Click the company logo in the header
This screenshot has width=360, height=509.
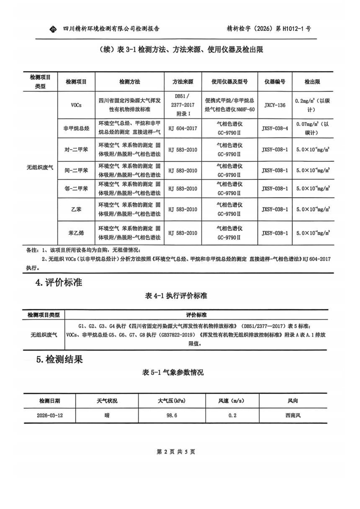pos(53,29)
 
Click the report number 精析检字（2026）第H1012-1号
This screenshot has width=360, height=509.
pos(268,29)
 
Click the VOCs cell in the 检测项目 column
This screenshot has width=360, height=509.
pos(76,105)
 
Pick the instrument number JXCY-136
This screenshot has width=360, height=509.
pos(275,105)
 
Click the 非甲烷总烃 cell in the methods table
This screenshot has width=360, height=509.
pos(76,128)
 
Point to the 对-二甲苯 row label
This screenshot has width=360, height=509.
pos(76,149)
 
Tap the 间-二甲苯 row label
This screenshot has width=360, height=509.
pos(76,171)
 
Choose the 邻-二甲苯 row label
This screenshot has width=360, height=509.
pos(76,189)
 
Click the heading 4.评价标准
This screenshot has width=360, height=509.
pos(59,282)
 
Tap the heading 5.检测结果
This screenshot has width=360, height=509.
pos(59,359)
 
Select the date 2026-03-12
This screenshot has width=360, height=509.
pos(49,415)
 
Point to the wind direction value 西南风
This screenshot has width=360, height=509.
pos(293,415)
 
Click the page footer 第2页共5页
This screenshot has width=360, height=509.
pos(176,452)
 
